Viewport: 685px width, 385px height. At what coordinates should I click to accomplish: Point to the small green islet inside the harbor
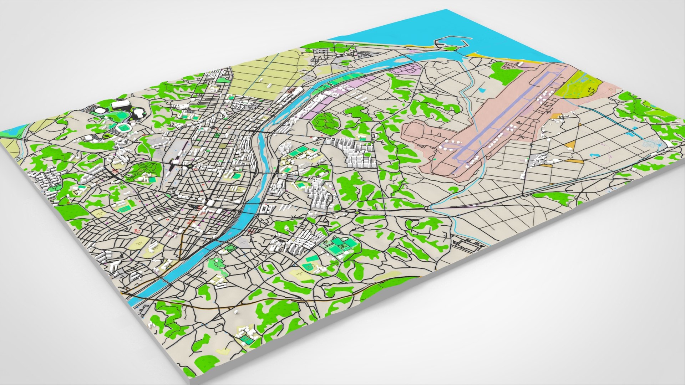(x=450, y=48)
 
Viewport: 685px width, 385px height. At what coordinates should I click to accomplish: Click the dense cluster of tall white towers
(x=359, y=153)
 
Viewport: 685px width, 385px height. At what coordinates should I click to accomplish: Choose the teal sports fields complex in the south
(x=337, y=246)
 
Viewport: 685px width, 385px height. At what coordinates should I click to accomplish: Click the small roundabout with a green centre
(x=357, y=212)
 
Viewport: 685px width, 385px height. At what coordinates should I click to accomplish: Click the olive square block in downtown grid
(x=223, y=146)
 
